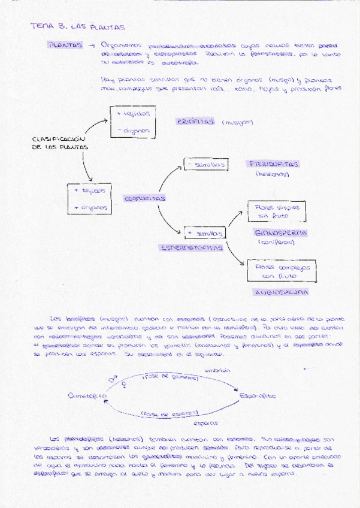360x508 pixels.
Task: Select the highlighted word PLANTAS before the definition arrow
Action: pos(65,46)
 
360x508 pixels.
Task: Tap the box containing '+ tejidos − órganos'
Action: pos(134,122)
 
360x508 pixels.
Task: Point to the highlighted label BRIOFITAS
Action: pos(195,122)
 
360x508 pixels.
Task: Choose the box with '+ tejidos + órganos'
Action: pos(90,199)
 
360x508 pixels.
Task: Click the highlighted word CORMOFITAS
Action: pos(145,198)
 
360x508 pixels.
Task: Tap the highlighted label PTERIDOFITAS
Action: pos(273,164)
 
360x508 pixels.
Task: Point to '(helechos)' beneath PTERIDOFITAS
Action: pos(273,174)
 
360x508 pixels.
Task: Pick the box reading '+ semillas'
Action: pos(205,232)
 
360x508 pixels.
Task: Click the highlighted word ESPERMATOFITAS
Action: pos(191,247)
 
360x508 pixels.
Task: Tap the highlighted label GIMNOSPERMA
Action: pos(281,232)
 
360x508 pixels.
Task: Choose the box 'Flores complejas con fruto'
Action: pos(282,271)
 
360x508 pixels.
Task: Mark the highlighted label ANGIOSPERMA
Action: pos(282,293)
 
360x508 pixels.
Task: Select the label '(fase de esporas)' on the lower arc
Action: pos(170,413)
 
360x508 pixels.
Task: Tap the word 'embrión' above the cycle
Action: pos(217,371)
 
